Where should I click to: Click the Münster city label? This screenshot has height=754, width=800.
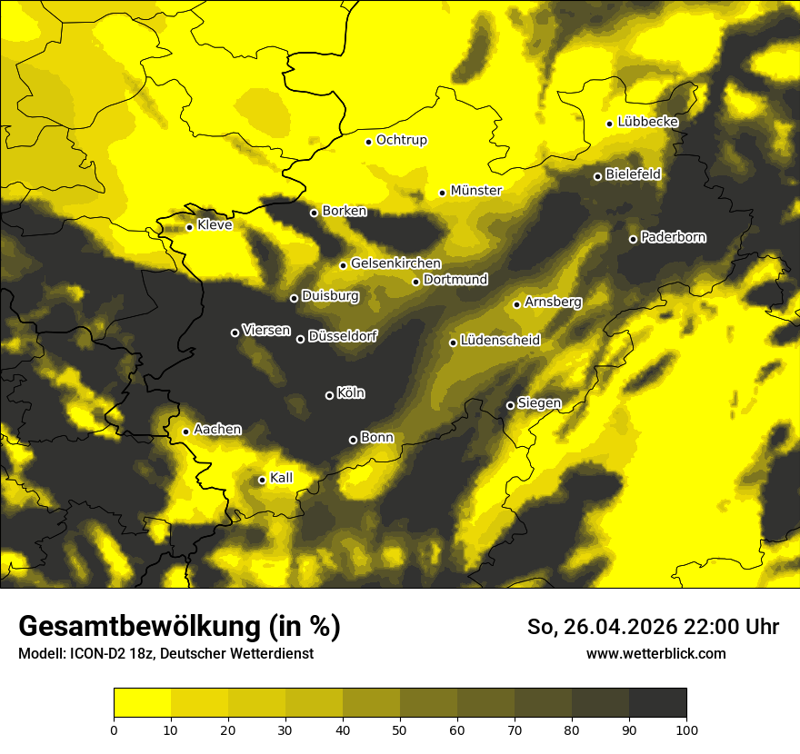(x=475, y=191)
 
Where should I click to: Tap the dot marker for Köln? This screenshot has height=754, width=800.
(x=329, y=395)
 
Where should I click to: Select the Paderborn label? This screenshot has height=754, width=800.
(x=673, y=238)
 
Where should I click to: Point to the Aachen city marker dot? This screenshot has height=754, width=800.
(x=185, y=432)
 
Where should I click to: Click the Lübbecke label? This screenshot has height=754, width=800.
(x=647, y=122)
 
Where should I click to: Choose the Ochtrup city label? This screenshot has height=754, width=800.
(x=401, y=140)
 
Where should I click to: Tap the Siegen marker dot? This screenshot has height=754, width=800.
(x=510, y=405)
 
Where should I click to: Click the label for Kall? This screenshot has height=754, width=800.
(x=282, y=479)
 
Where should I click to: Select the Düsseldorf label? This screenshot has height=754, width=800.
(x=343, y=336)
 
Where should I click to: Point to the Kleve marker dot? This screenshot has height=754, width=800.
(x=189, y=227)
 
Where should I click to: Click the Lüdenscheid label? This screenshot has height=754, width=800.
(x=500, y=341)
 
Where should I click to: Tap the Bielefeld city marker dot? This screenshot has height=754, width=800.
(x=597, y=176)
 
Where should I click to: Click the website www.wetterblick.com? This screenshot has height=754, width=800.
(x=655, y=653)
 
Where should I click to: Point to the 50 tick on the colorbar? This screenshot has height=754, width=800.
(x=400, y=729)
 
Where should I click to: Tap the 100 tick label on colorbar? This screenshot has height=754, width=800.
(x=686, y=729)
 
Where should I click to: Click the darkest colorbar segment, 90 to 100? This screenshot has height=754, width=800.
(x=657, y=702)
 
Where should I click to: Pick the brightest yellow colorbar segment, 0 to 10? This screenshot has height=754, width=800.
(x=142, y=702)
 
